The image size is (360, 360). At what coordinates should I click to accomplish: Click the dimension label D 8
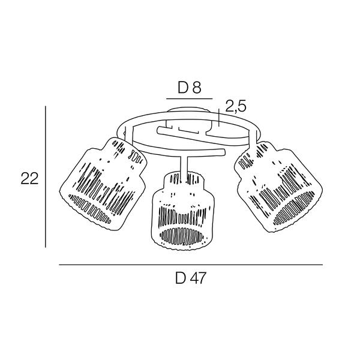190,88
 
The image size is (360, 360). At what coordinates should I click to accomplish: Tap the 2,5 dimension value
236,106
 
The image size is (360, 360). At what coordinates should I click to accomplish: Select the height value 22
29,178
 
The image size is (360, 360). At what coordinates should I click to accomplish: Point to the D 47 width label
191,278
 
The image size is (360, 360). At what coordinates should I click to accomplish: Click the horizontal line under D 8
190,99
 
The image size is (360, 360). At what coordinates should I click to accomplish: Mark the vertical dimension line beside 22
46,177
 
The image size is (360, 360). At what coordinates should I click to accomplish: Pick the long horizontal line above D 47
191,265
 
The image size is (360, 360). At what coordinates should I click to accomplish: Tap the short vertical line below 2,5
220,118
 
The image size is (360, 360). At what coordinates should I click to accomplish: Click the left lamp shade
103,184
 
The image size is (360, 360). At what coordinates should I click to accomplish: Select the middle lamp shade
183,211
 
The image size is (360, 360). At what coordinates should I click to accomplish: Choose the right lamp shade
278,187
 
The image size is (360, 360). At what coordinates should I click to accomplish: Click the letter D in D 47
181,278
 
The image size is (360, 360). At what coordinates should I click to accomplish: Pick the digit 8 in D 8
197,88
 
